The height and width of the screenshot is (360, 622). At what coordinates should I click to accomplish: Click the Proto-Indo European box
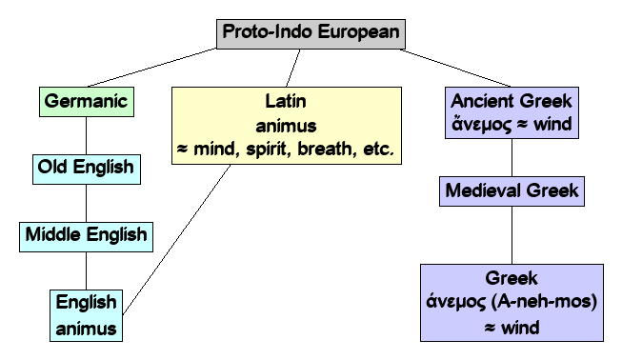pos(311,31)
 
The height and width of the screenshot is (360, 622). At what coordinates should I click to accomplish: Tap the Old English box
pos(85,170)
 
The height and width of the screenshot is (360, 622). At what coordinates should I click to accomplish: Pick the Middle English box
pos(86,234)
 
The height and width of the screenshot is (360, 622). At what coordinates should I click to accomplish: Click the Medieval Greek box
pos(512,190)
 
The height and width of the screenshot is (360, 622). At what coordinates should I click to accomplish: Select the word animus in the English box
pos(86,329)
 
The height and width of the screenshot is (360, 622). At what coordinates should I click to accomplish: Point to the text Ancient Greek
pos(513,101)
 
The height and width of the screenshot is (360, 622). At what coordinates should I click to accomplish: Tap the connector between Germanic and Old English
pos(86,135)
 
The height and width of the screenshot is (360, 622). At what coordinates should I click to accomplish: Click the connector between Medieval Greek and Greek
pos(512,235)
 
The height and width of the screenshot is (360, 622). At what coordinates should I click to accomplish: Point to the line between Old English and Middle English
pos(86,202)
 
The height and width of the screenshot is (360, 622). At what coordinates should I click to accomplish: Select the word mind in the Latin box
pos(215,150)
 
